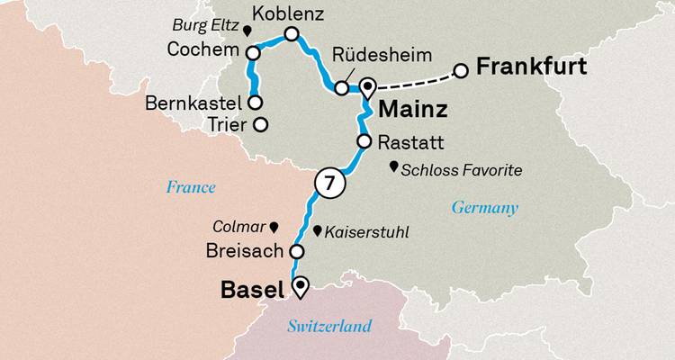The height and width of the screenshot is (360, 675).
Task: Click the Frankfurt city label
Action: coord(532,67)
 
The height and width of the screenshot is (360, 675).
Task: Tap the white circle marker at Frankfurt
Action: coord(461,70)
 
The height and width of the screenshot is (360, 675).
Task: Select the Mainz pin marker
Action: coord(367,87)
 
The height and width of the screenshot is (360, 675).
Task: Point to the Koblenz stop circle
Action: coord(291,34)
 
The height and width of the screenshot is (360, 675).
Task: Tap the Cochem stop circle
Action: coord(253,54)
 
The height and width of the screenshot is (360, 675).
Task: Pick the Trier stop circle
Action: coord(260,124)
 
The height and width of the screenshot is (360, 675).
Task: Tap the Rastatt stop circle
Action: coord(364,141)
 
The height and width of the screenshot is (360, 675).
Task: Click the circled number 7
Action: coord(329,183)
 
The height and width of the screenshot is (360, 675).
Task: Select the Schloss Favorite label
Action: coord(462,168)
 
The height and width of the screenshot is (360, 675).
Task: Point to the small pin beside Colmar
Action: coord(274,227)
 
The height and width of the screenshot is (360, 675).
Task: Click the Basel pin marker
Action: coord(300,286)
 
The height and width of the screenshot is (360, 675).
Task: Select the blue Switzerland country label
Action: coord(330,326)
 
